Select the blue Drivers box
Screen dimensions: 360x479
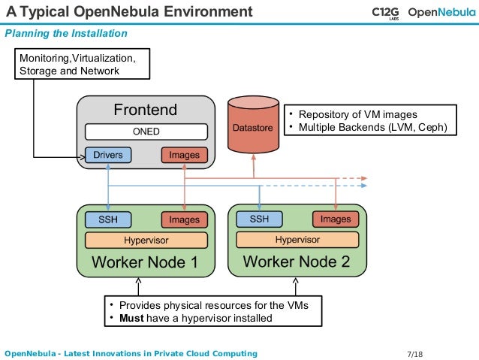coord(108,155)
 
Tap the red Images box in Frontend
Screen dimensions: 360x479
coord(184,155)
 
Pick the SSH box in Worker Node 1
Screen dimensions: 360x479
coord(108,219)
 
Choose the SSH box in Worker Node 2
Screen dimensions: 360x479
coord(259,219)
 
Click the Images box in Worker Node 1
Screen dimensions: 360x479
coord(184,219)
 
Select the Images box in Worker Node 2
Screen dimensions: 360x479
coord(336,219)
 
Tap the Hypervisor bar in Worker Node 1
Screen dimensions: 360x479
coord(146,241)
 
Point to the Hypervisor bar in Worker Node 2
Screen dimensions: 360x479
coord(297,240)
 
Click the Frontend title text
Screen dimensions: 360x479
coord(146,110)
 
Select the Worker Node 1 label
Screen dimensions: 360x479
coord(145,262)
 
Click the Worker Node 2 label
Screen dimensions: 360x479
coord(297,262)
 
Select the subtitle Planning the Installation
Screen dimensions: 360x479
coord(66,34)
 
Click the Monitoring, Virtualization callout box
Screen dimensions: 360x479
coord(82,65)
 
